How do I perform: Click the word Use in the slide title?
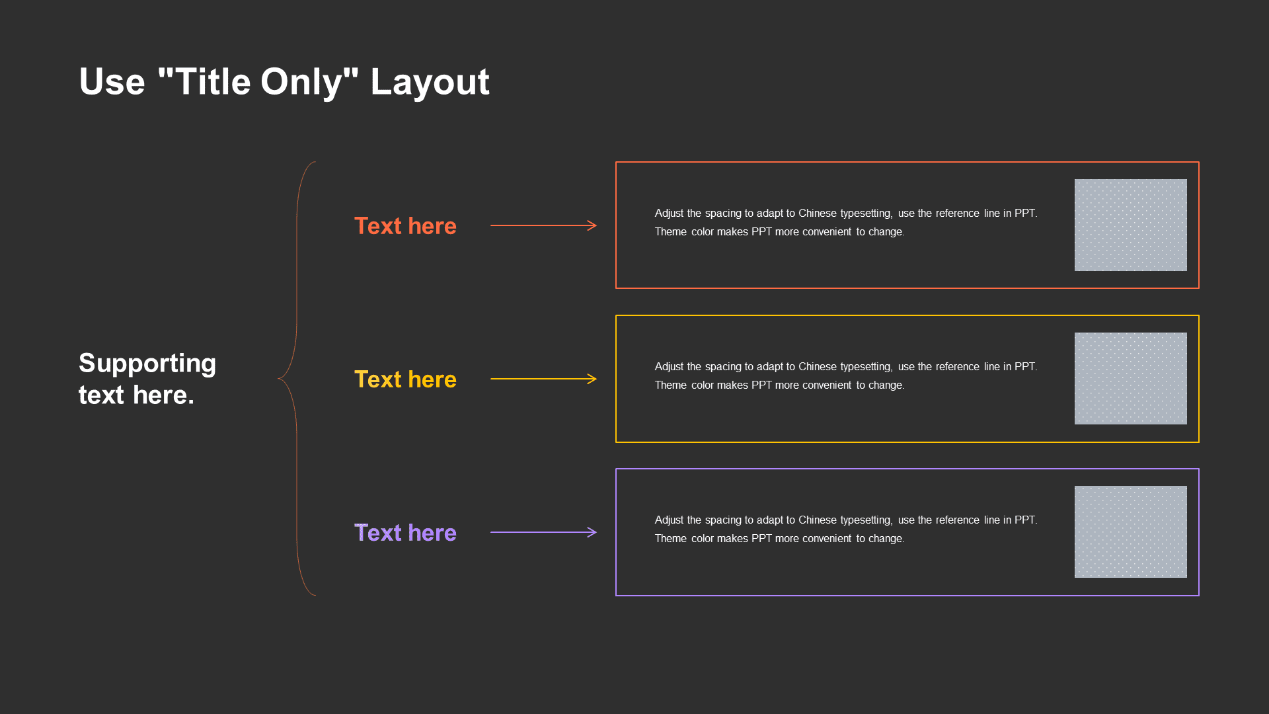click(112, 82)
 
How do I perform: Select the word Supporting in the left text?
click(147, 364)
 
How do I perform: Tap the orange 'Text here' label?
click(405, 226)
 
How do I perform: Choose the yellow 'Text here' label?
click(405, 379)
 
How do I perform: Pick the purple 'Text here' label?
click(405, 533)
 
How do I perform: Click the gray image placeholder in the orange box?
click(1130, 225)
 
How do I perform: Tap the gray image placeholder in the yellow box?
click(1130, 378)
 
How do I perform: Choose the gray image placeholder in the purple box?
click(1130, 532)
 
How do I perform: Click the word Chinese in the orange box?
click(818, 213)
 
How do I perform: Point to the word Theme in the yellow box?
click(671, 385)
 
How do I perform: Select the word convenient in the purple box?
click(826, 538)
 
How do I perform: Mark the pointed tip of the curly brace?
click(279, 379)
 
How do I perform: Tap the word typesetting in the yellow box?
click(866, 367)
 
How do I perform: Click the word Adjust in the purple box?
click(669, 520)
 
